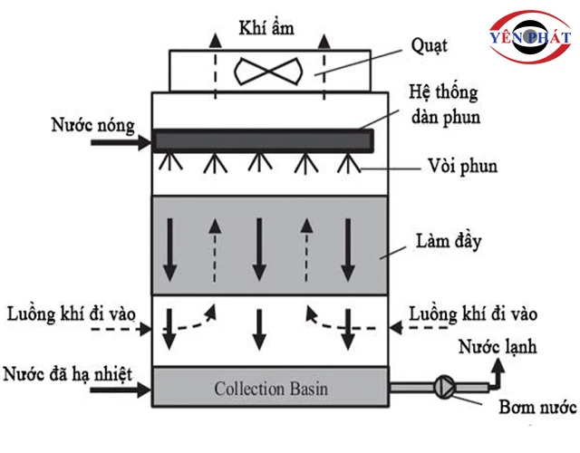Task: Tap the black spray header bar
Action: point(263,140)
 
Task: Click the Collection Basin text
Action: point(271,390)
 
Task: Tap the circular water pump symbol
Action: point(445,384)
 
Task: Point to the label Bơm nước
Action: point(535,407)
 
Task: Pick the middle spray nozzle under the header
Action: point(259,163)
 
